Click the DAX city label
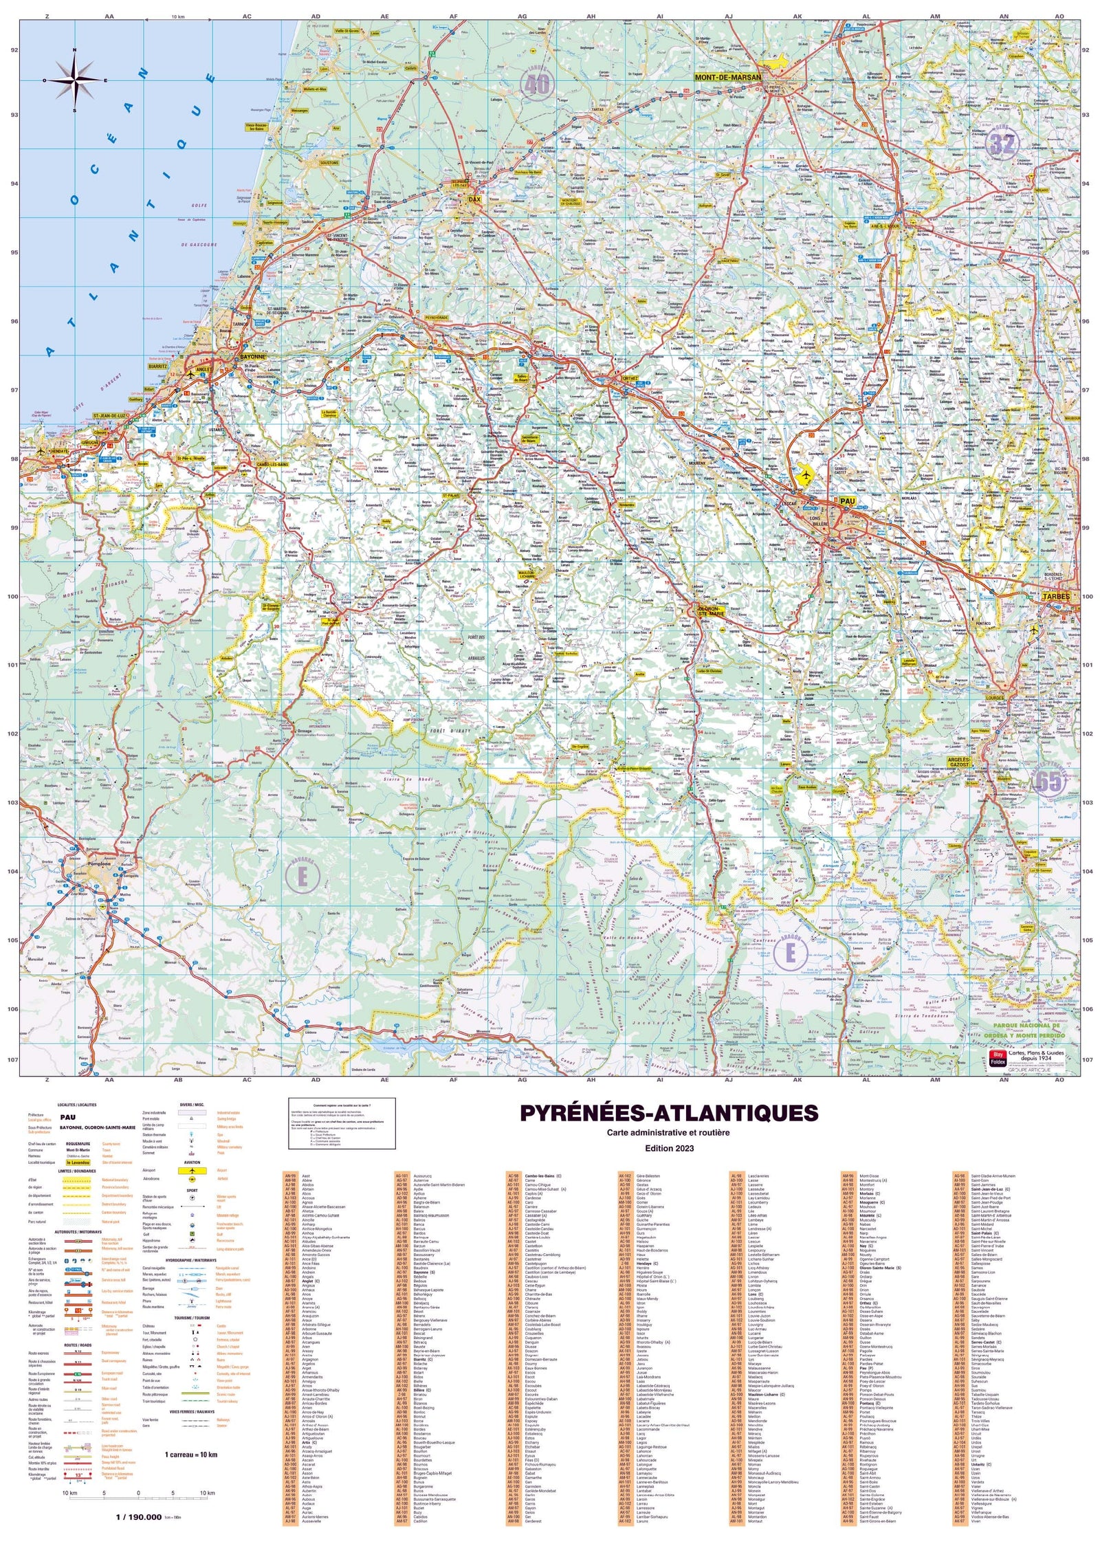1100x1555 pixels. point(474,199)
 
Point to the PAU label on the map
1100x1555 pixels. point(848,502)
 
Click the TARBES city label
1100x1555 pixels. point(1055,597)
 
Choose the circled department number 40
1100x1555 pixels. point(538,85)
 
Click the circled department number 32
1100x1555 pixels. point(1002,143)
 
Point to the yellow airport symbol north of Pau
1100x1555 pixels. point(802,474)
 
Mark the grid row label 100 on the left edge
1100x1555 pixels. point(12,597)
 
